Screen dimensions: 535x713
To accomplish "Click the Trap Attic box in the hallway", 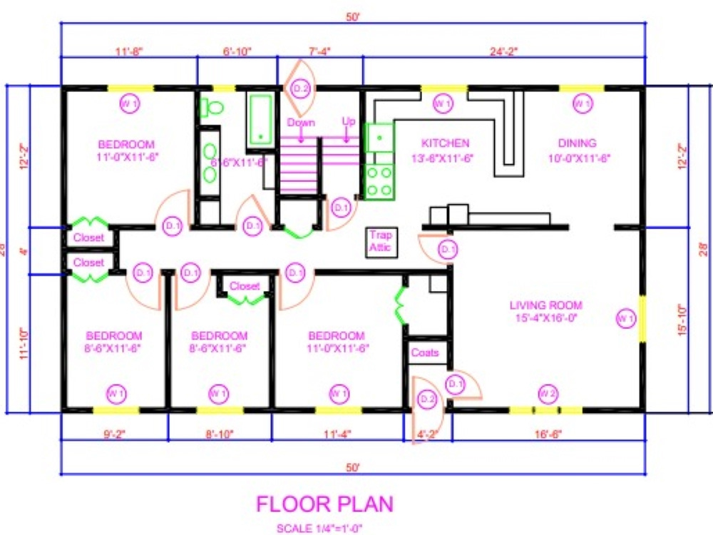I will point(380,240).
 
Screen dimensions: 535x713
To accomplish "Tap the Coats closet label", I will point(424,352).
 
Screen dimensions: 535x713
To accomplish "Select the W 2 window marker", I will point(547,392).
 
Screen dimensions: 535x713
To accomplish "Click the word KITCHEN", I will point(445,143).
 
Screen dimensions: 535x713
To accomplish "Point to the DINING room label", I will point(577,143).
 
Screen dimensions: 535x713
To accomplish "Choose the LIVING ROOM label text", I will point(545,305).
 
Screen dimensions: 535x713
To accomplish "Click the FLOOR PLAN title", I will point(324,504).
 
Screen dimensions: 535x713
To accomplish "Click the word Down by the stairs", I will point(301,122).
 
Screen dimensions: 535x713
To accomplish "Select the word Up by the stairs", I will point(348,122).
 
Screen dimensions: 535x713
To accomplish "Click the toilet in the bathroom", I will point(212,108).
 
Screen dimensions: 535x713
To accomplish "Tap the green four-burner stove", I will point(379,180).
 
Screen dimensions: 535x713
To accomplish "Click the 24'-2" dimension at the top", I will point(504,51).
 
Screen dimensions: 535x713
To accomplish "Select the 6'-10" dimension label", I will point(237,51).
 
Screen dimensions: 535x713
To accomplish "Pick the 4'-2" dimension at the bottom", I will point(429,432).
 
